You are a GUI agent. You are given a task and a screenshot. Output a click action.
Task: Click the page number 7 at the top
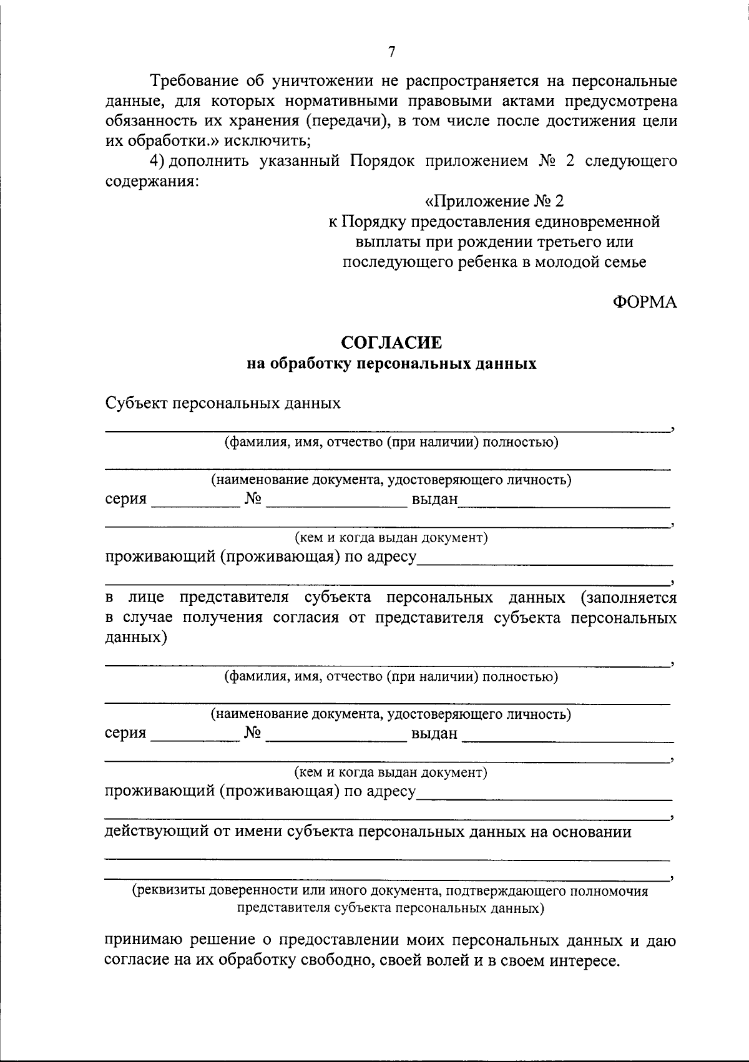[391, 52]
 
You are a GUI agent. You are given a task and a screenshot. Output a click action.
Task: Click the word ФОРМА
[644, 303]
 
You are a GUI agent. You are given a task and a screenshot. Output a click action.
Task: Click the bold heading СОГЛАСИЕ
[391, 343]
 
